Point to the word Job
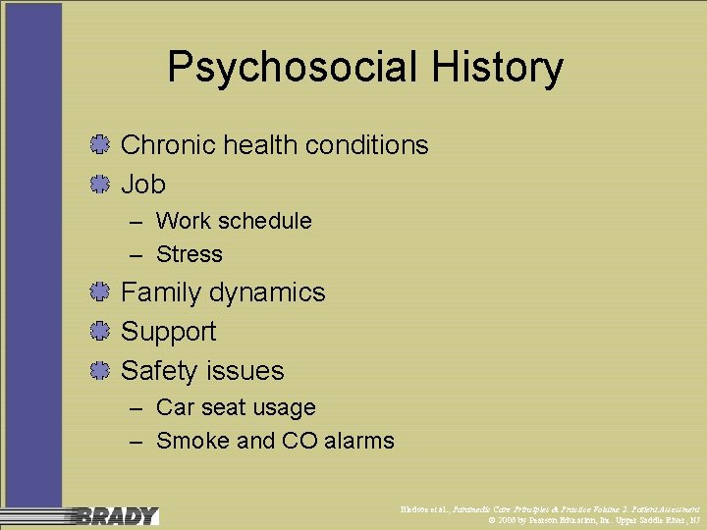pyautogui.click(x=142, y=184)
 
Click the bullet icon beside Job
pyautogui.click(x=97, y=184)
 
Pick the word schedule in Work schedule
pyautogui.click(x=266, y=221)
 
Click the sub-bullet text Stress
pyautogui.click(x=189, y=254)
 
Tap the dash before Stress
pyautogui.click(x=136, y=254)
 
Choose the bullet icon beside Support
pyautogui.click(x=97, y=332)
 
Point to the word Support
pyautogui.click(x=168, y=332)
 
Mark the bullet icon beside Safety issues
pyautogui.click(x=97, y=371)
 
